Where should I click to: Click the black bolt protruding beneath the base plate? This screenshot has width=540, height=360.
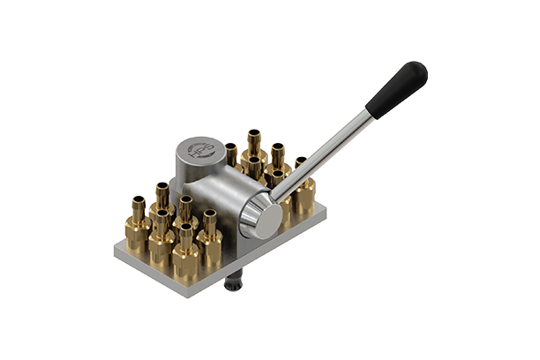pos(234,281)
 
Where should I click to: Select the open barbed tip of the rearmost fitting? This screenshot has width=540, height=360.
pos(255,133)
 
